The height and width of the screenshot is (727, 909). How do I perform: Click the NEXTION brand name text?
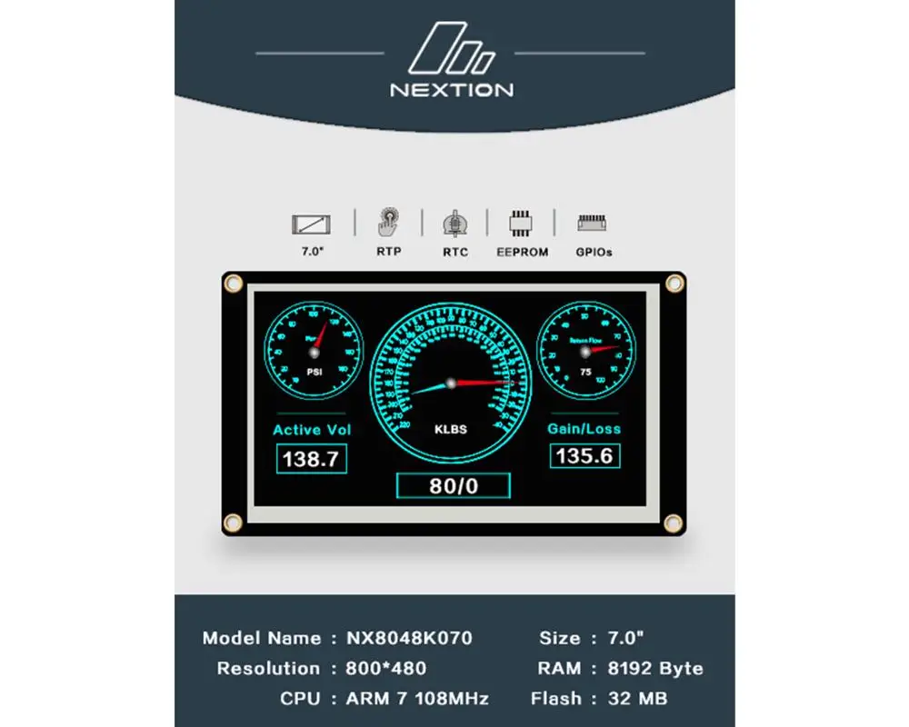[x=452, y=90]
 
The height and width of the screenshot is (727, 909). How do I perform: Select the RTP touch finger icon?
[x=388, y=223]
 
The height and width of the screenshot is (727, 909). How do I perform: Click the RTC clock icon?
[x=454, y=224]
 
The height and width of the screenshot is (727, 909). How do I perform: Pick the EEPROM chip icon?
[x=522, y=224]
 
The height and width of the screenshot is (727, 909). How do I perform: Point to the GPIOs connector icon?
[x=593, y=223]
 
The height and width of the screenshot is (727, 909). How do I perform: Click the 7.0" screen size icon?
[x=312, y=224]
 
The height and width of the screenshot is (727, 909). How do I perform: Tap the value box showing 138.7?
[x=312, y=459]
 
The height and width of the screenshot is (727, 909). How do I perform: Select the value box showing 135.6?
[x=584, y=456]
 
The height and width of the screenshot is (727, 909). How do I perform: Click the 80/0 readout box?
[x=454, y=486]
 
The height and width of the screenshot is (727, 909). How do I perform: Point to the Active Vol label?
[x=312, y=430]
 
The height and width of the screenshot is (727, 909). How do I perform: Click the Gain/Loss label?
[x=584, y=428]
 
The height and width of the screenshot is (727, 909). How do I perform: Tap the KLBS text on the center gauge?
[x=451, y=429]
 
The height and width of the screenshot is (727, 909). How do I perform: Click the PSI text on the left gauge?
[x=315, y=371]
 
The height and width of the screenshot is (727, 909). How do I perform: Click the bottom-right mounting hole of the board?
[x=674, y=523]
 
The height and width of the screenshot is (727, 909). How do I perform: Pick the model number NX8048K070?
[x=409, y=638]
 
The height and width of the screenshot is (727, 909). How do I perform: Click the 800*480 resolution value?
[x=386, y=669]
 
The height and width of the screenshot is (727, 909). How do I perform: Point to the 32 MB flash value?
[x=638, y=699]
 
